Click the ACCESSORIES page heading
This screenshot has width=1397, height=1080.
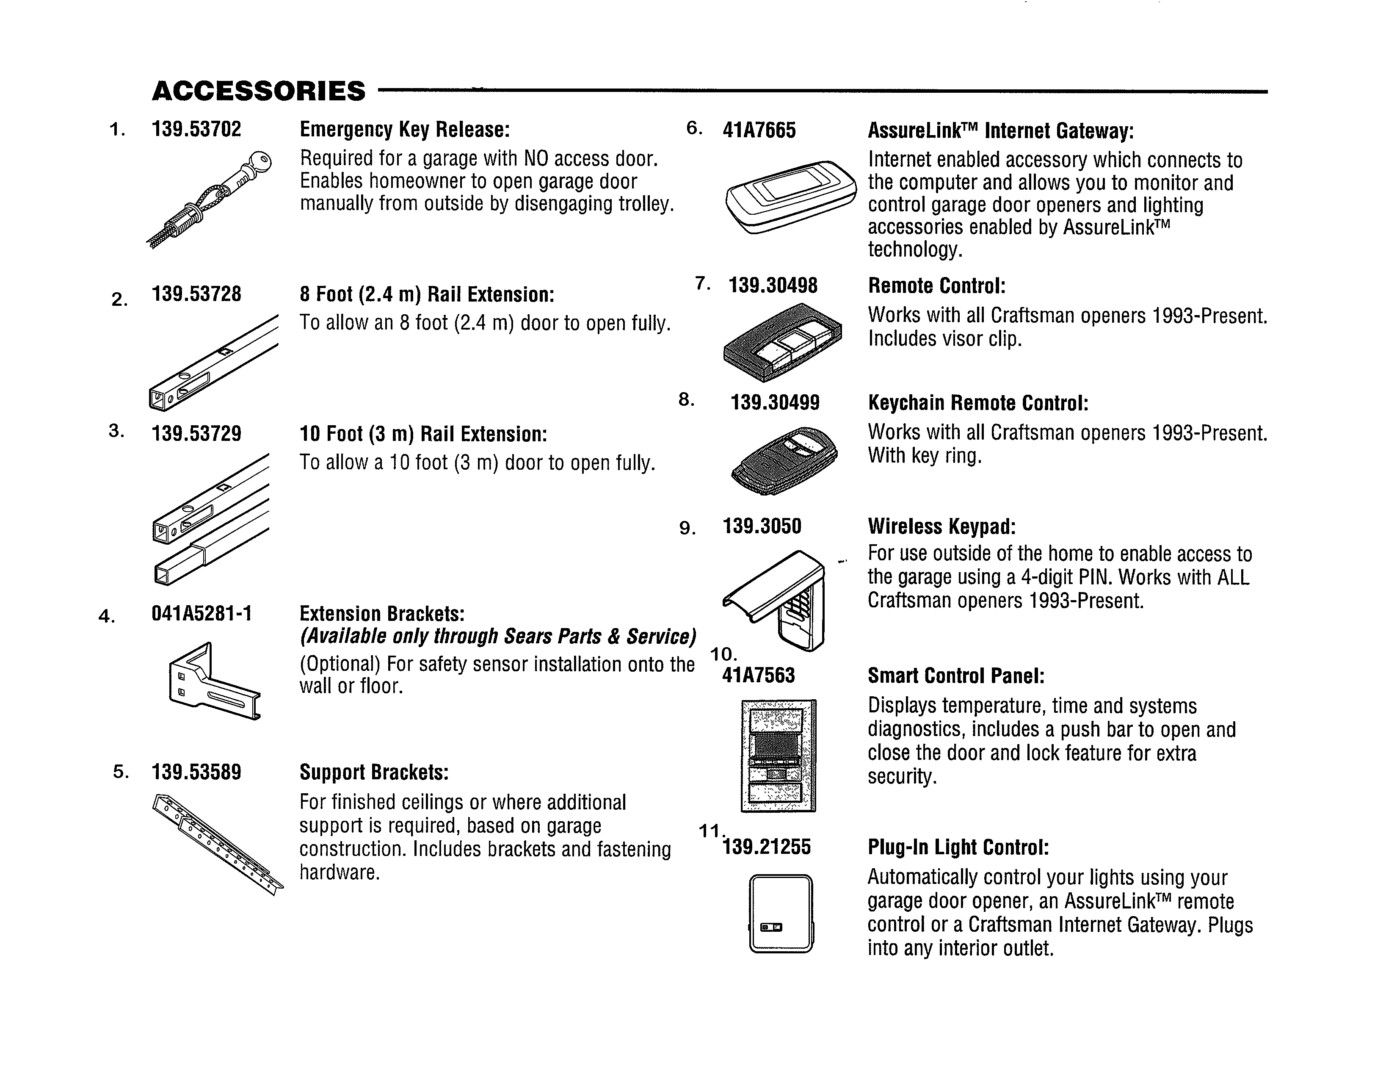[x=258, y=91]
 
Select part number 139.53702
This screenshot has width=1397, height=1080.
[x=196, y=129]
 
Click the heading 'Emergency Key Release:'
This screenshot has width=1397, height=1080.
[x=405, y=129]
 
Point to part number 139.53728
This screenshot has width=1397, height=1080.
[x=196, y=294]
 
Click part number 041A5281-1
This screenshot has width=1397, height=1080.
[x=202, y=614]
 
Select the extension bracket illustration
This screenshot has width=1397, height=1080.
[x=214, y=682]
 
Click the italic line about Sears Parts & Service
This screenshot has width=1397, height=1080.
[x=498, y=637]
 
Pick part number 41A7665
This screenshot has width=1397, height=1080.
[x=759, y=130]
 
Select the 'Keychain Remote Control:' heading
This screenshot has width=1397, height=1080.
[x=978, y=403]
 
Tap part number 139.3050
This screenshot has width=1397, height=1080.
[x=761, y=526]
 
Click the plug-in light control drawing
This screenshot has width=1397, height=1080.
[x=780, y=914]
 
